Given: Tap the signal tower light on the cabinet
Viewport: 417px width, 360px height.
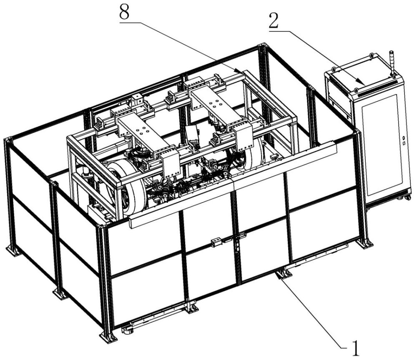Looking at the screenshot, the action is [x=392, y=62].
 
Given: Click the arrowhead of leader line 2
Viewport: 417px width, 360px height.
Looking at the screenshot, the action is [x=364, y=85].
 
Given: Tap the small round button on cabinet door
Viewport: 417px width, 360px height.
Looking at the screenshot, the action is [x=403, y=137].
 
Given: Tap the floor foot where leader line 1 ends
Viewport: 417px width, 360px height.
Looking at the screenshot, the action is [x=283, y=274].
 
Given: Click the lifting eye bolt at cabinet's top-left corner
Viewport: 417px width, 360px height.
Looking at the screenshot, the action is [x=333, y=69].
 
